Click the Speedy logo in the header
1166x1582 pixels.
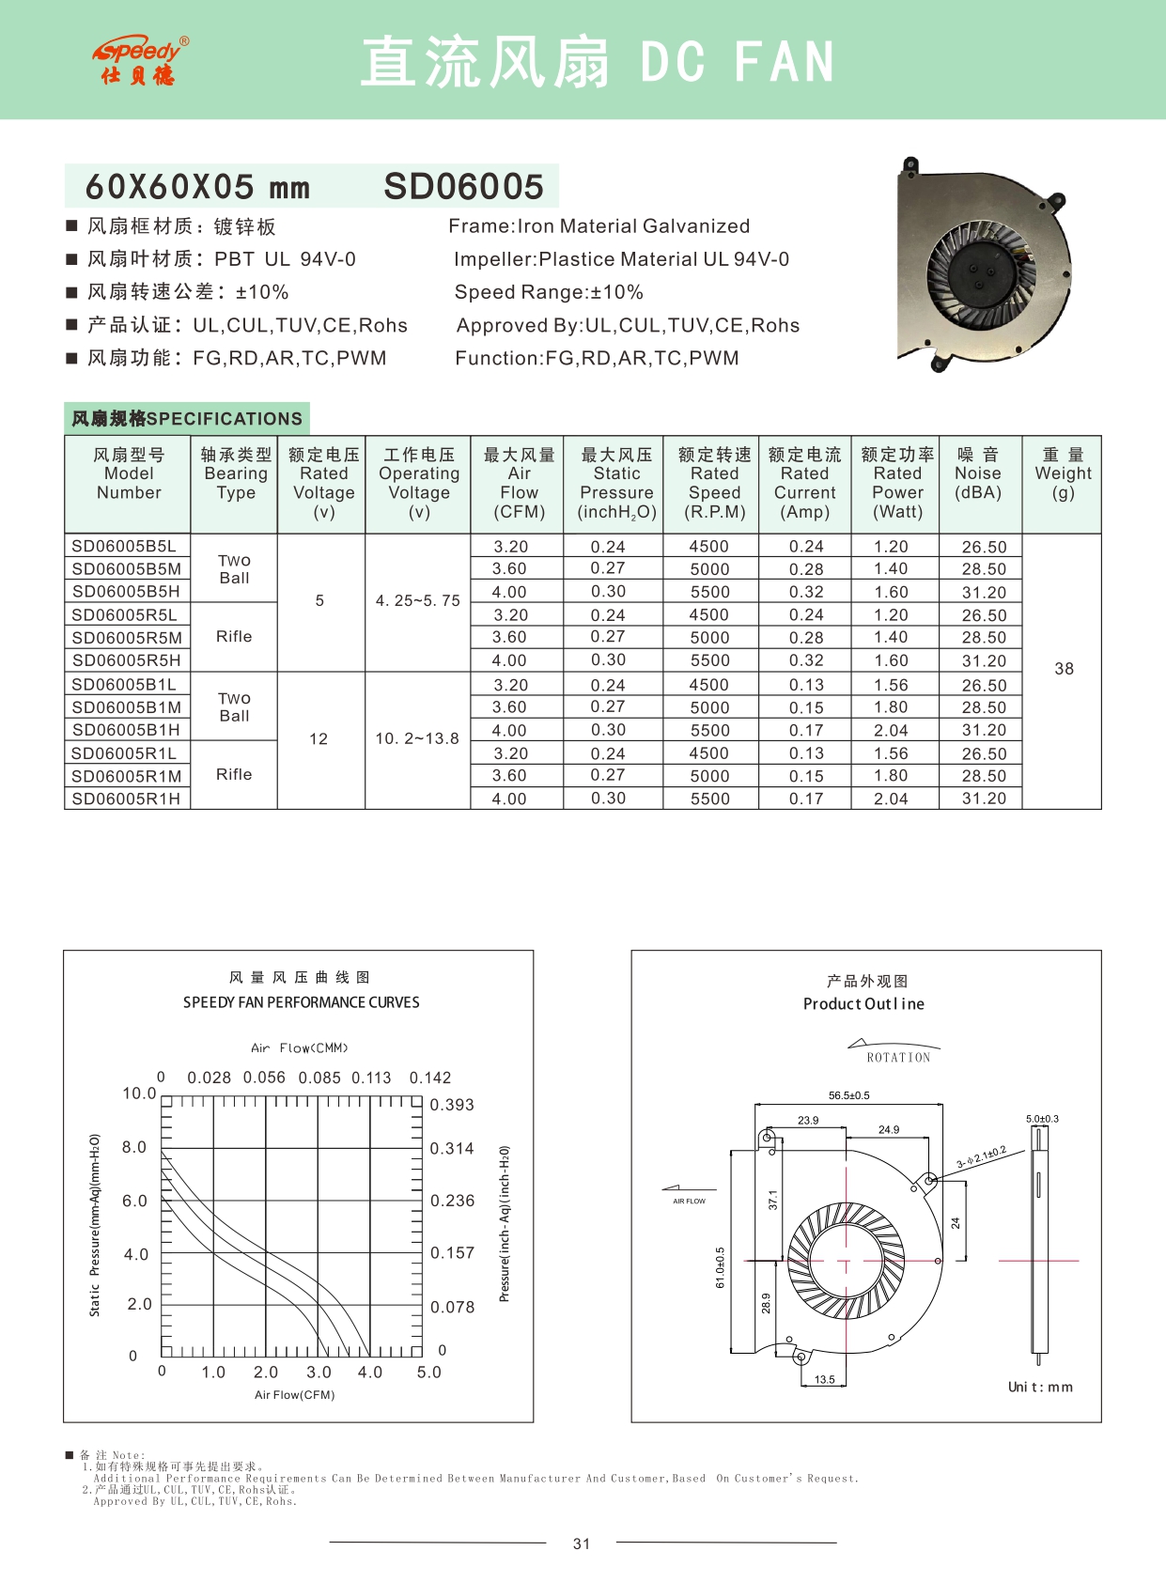(x=141, y=61)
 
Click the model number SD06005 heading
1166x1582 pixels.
(x=463, y=187)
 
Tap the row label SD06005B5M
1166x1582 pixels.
(x=126, y=568)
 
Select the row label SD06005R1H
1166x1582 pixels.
(x=126, y=799)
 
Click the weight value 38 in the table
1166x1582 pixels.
(x=1064, y=669)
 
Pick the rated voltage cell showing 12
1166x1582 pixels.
(x=319, y=739)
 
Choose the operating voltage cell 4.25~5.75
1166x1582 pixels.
(x=417, y=601)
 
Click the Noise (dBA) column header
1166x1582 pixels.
(x=977, y=473)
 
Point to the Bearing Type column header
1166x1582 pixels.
(x=236, y=473)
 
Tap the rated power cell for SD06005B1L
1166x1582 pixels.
(x=891, y=686)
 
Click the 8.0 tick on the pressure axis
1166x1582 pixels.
(x=134, y=1147)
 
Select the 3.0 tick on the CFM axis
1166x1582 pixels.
(x=319, y=1373)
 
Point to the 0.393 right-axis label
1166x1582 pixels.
(x=452, y=1105)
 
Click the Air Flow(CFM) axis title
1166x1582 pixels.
(x=294, y=1395)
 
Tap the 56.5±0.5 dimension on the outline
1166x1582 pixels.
(x=848, y=1095)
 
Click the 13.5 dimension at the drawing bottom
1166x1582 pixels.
(x=824, y=1380)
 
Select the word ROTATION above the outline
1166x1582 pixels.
(x=898, y=1058)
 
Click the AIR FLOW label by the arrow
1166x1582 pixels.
(x=689, y=1202)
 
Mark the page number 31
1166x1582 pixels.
(x=582, y=1543)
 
